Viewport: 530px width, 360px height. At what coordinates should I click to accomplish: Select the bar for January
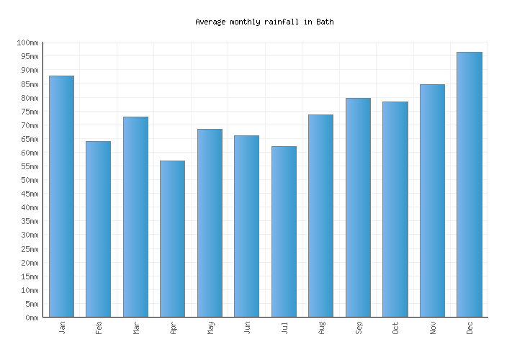point(61,196)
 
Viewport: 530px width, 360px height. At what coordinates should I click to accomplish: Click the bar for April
point(172,238)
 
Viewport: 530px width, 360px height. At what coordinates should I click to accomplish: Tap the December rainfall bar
point(469,184)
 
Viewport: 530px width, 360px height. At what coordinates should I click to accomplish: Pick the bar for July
point(284,231)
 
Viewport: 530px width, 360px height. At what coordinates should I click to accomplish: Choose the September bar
point(358,207)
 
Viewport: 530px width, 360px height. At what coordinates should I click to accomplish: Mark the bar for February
point(98,229)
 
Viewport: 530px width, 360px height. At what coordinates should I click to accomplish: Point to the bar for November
point(432,200)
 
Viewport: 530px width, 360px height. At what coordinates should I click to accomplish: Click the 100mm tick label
point(28,43)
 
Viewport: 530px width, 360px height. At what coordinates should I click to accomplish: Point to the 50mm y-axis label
point(28,180)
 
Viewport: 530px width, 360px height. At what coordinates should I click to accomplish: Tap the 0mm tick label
point(31,318)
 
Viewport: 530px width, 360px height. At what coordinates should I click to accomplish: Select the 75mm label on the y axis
point(28,112)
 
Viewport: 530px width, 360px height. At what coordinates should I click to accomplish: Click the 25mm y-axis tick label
point(28,249)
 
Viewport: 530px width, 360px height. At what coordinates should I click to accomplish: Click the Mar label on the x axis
point(136,328)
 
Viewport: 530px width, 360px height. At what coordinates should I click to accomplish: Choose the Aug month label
point(321,328)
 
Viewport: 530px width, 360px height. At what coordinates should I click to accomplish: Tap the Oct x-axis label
point(395,328)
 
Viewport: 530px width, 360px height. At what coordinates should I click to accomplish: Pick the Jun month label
point(247,328)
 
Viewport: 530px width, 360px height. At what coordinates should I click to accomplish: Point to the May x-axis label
point(210,328)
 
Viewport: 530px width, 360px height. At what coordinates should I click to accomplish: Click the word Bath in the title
point(325,22)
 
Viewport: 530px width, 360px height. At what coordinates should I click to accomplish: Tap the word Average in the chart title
point(210,22)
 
